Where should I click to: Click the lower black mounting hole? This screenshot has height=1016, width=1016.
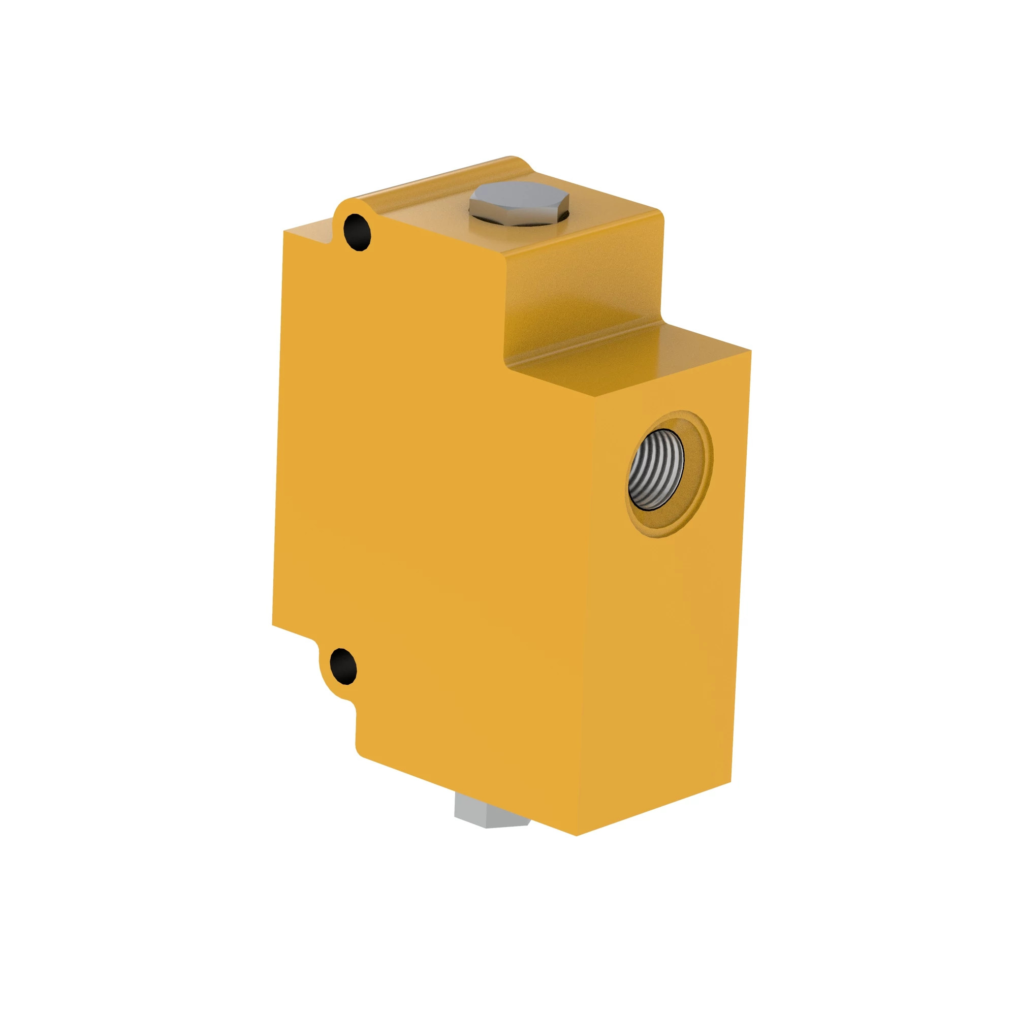pos(343,666)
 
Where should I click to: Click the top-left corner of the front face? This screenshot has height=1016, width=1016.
pos(284,231)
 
